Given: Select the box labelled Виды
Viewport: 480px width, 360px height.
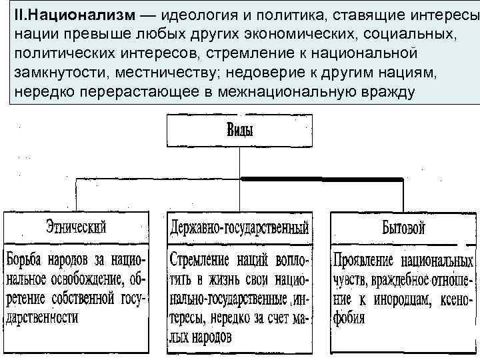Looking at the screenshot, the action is click(239, 131).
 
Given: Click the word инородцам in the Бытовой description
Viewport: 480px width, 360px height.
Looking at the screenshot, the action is click(403, 298).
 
